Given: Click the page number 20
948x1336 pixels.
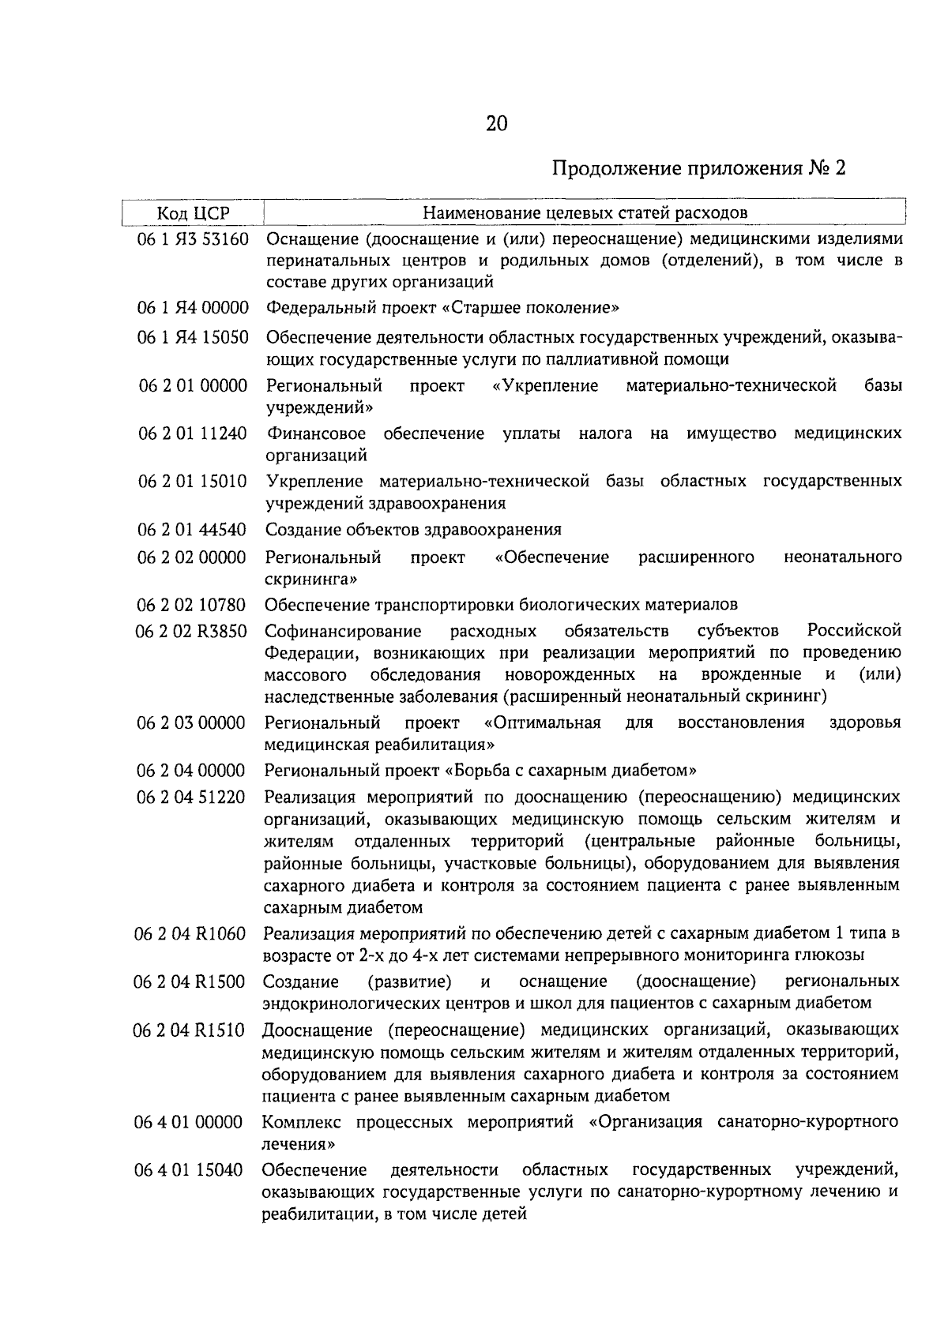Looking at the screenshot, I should tap(497, 123).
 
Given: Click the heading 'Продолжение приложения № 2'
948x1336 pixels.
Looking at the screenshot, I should tap(698, 168).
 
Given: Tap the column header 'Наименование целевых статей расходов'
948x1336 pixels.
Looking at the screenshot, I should tap(585, 213).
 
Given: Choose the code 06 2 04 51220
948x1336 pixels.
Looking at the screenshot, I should tap(192, 797).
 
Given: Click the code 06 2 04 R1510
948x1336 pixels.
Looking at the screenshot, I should tap(190, 1030).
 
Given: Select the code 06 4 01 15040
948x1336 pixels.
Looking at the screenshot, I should tap(190, 1169).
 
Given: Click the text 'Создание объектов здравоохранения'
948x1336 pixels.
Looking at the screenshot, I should tap(413, 529).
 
